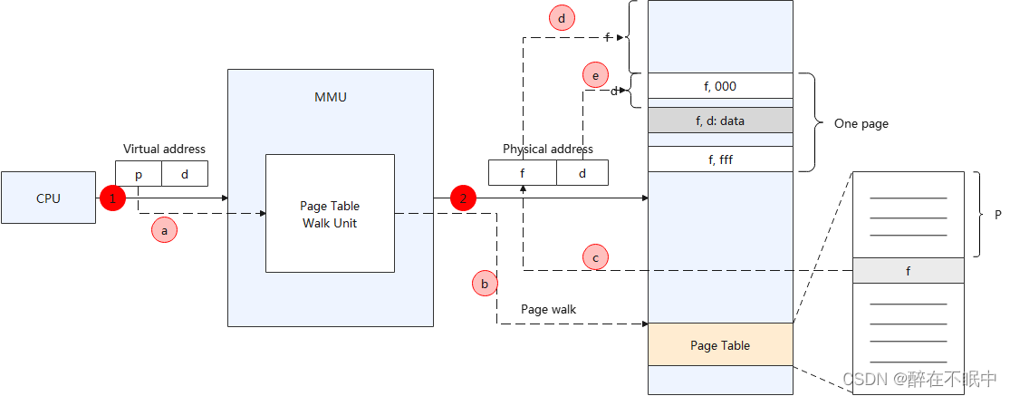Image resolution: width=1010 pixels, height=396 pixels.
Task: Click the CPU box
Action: pyautogui.click(x=48, y=198)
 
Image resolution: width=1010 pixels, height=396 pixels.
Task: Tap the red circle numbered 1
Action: pyautogui.click(x=112, y=198)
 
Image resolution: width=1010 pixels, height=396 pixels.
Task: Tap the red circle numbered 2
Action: pyautogui.click(x=463, y=198)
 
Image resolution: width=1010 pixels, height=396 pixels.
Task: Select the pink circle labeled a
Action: pyautogui.click(x=164, y=230)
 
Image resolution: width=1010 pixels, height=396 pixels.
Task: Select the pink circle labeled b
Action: pyautogui.click(x=485, y=284)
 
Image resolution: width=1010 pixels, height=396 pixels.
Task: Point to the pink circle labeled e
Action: pyautogui.click(x=595, y=75)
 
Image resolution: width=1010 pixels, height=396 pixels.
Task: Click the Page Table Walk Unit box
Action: pyautogui.click(x=330, y=213)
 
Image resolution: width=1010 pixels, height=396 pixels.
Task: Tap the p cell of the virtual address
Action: pyautogui.click(x=139, y=173)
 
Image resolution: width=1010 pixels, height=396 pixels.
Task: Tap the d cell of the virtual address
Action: pyautogui.click(x=185, y=173)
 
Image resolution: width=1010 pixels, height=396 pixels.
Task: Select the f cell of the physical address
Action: pyautogui.click(x=523, y=172)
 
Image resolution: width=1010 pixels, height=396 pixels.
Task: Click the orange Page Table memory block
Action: pyautogui.click(x=720, y=344)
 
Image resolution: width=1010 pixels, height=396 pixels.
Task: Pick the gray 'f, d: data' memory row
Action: pyautogui.click(x=720, y=120)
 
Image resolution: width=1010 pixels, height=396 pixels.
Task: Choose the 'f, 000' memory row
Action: pyautogui.click(x=720, y=87)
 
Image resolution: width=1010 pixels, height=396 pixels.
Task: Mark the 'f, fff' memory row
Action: pyautogui.click(x=720, y=159)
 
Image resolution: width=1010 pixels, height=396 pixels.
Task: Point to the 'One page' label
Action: pyautogui.click(x=861, y=123)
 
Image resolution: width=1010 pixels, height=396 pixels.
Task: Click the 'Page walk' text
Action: pyautogui.click(x=548, y=309)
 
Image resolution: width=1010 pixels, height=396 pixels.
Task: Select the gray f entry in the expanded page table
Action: pyautogui.click(x=908, y=270)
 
